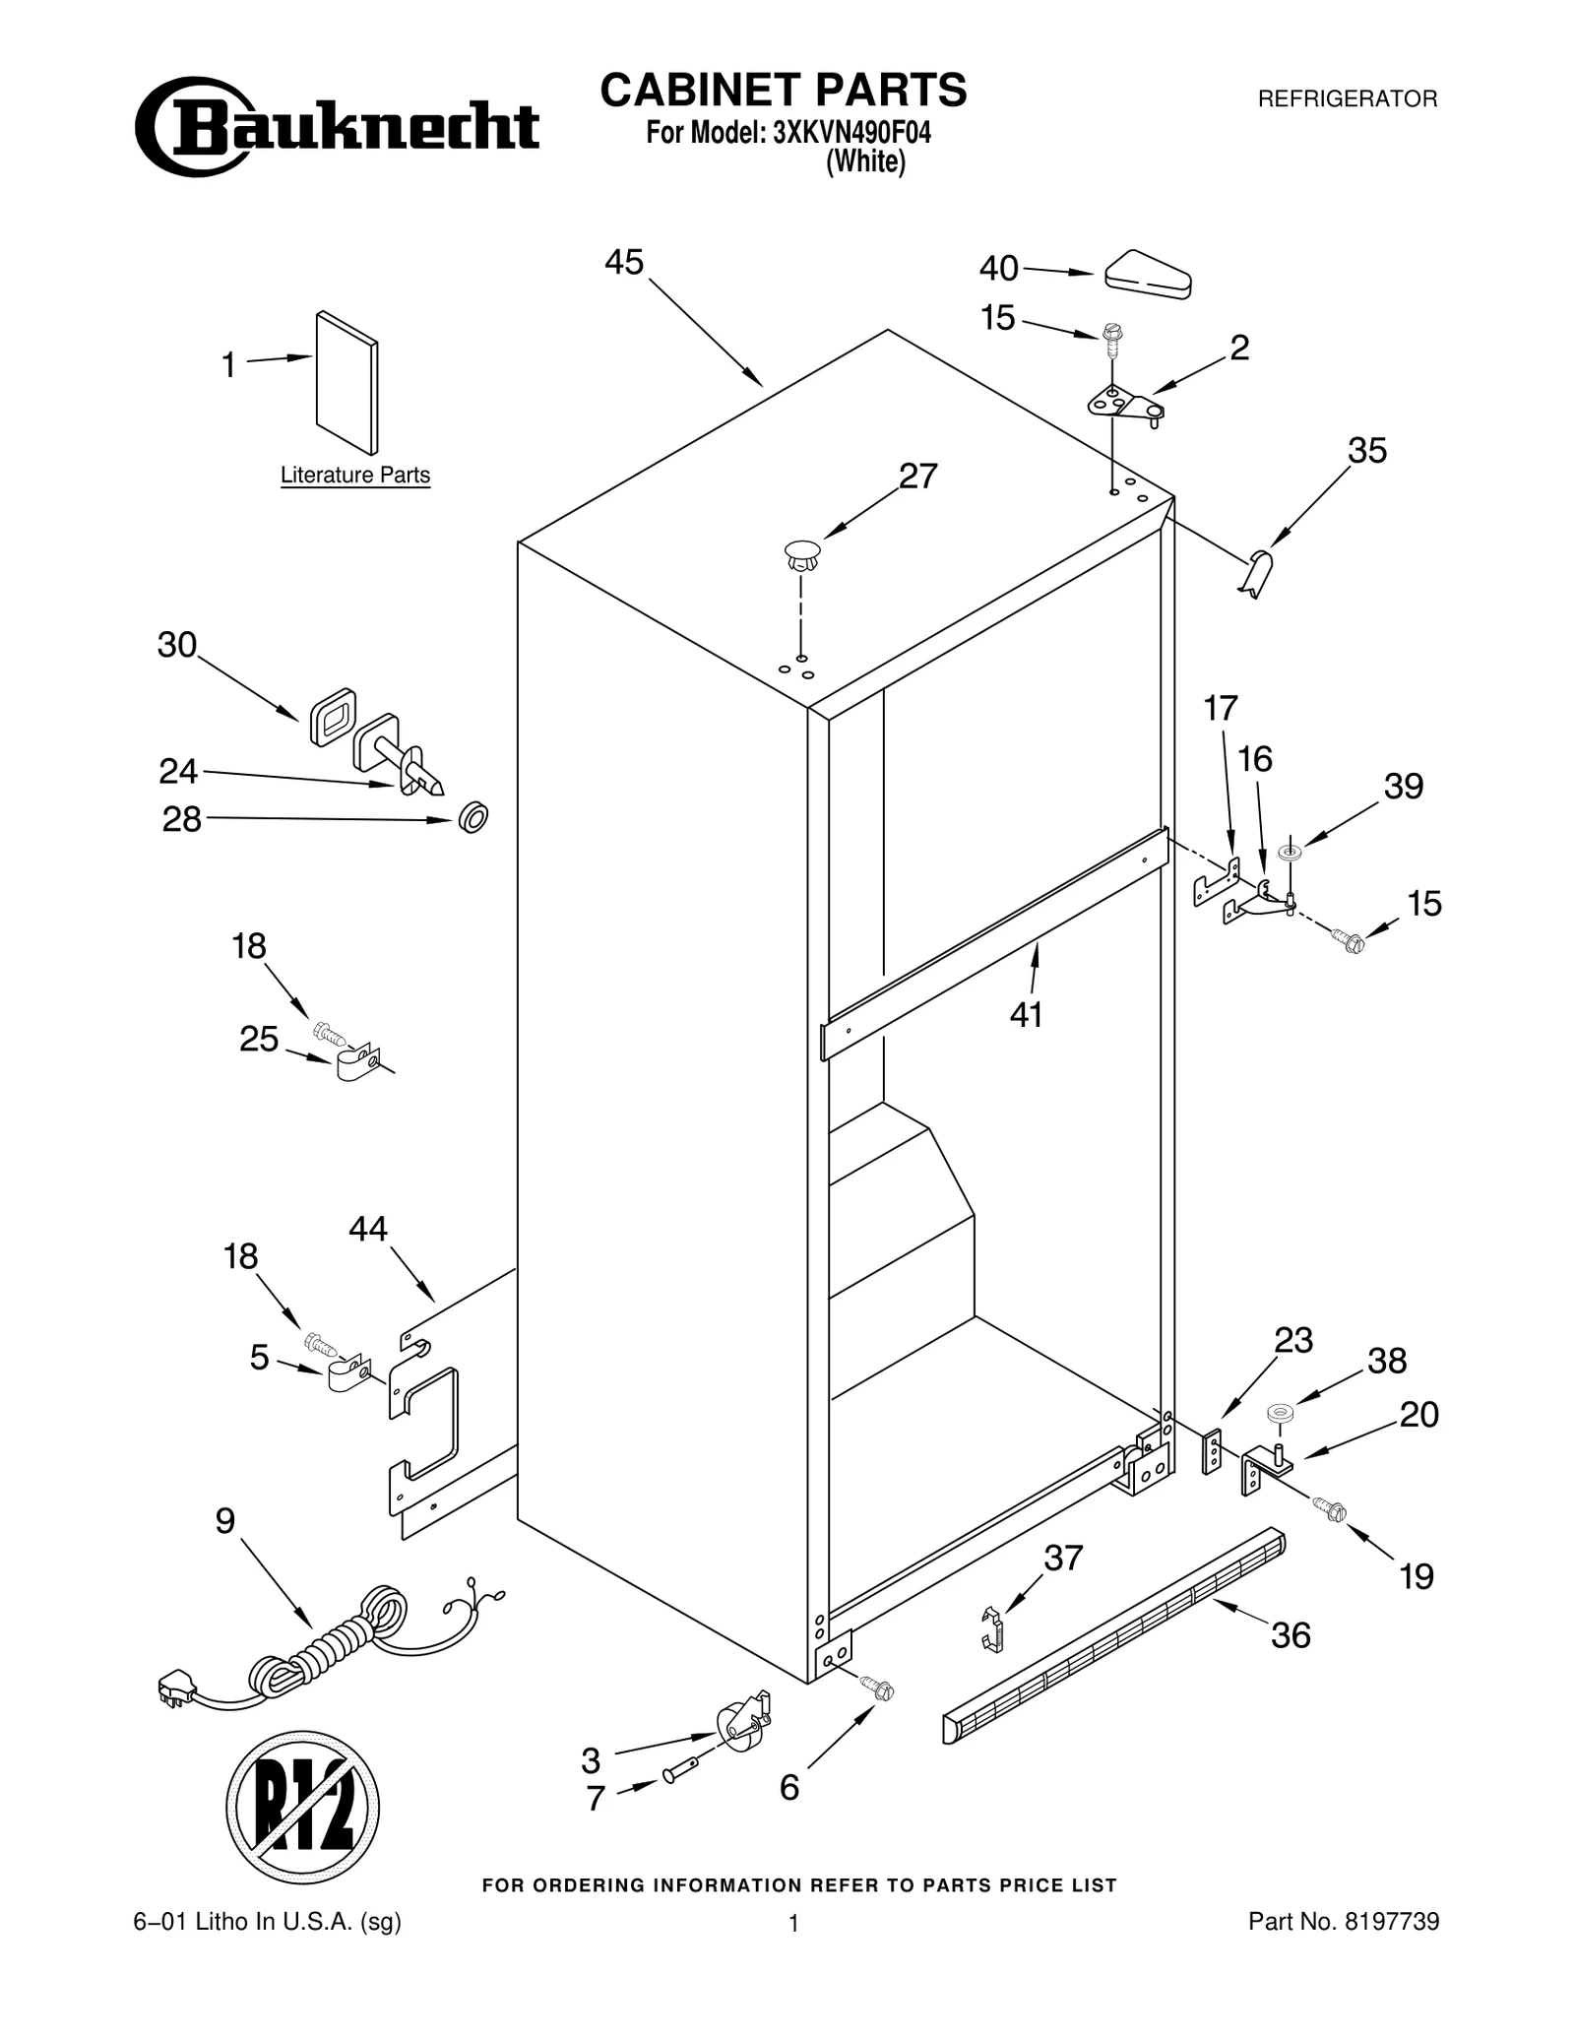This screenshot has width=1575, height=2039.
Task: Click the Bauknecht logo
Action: (337, 127)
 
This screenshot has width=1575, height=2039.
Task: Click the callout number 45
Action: (623, 262)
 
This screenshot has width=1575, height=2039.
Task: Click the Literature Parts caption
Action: (355, 476)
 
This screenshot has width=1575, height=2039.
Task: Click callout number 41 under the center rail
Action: (1026, 1014)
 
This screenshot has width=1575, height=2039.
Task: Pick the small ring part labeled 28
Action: (473, 817)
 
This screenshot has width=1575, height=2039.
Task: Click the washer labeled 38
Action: (1280, 1413)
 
